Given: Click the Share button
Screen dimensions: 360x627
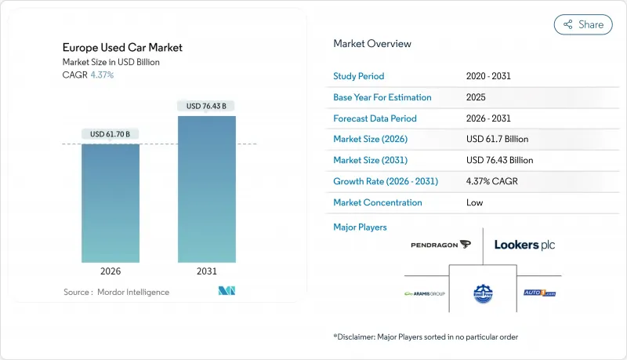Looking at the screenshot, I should pyautogui.click(x=583, y=24).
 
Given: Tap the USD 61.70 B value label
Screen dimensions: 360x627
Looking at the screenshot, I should pyautogui.click(x=111, y=134).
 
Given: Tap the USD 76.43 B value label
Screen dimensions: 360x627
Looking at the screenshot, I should pyautogui.click(x=207, y=106).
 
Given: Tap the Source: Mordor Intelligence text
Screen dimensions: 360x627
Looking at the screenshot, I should pyautogui.click(x=116, y=292).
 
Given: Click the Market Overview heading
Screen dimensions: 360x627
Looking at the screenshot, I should pyautogui.click(x=372, y=44).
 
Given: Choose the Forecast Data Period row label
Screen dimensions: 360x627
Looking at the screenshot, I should pyautogui.click(x=375, y=118).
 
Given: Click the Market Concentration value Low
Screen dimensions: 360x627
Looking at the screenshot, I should pyautogui.click(x=475, y=202).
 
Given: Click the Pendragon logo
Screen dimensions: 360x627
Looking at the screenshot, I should pyautogui.click(x=440, y=245).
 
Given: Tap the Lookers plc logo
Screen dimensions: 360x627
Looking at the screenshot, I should pyautogui.click(x=524, y=245).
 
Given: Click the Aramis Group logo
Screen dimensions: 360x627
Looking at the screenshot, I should pyautogui.click(x=424, y=293).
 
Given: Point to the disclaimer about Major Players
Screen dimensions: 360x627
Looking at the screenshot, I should pyautogui.click(x=426, y=336).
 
